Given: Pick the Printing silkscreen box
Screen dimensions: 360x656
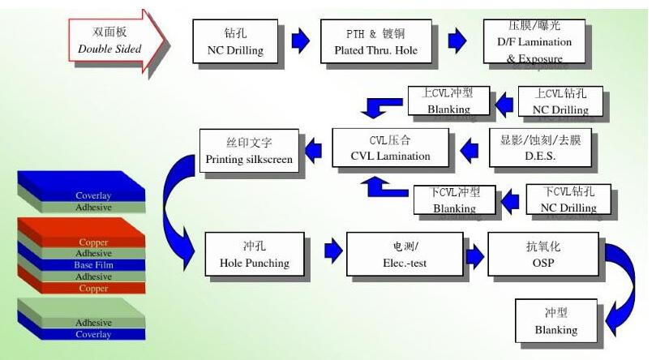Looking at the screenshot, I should (249, 151).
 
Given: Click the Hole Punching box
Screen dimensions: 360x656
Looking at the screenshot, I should (254, 254).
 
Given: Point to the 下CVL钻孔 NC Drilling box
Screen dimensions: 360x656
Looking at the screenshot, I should (568, 200).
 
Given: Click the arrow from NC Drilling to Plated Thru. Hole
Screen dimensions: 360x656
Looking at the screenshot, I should (300, 41).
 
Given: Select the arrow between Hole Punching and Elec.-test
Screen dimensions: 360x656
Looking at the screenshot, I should (332, 252).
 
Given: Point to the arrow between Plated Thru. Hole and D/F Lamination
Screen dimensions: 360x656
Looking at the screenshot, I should (457, 41).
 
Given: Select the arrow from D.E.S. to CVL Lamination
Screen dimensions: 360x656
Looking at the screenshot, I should (471, 147).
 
